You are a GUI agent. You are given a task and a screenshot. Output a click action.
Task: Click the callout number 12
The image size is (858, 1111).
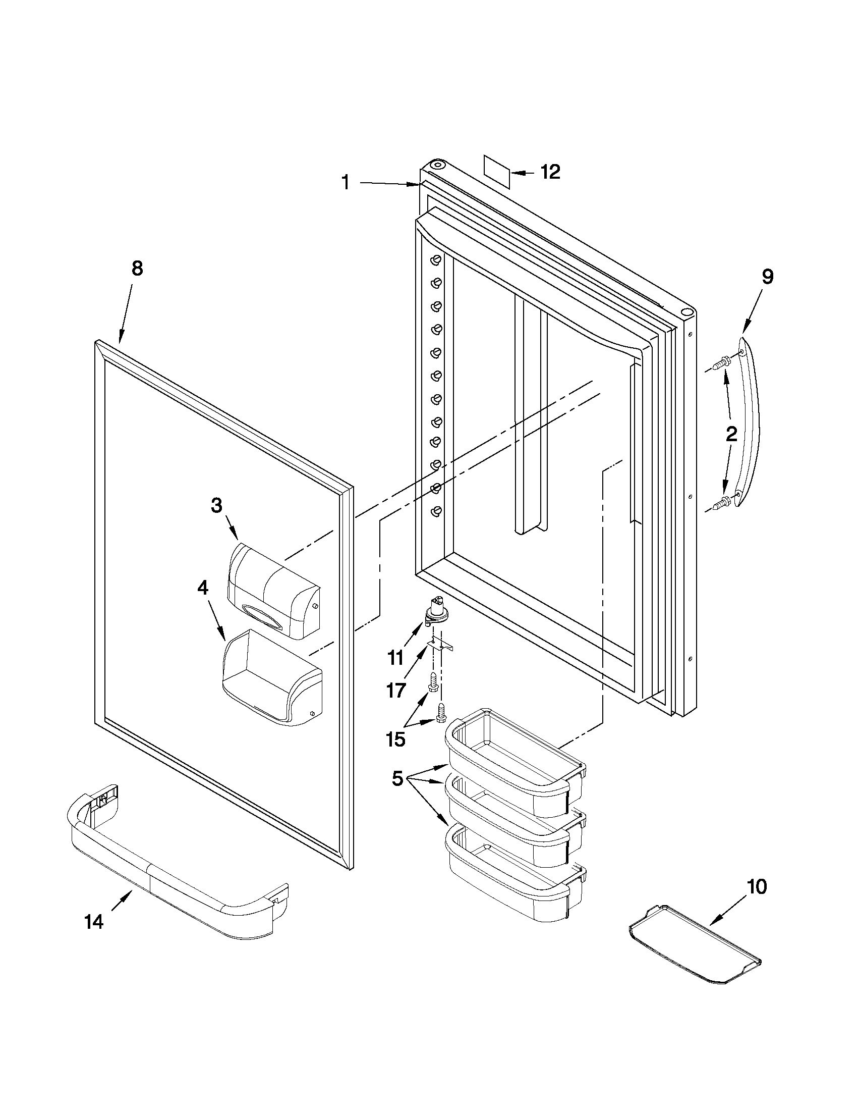coord(550,172)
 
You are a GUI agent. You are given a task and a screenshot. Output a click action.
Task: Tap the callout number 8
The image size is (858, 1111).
coord(137,269)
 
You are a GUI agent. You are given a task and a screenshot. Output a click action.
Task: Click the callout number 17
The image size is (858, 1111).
coord(395,691)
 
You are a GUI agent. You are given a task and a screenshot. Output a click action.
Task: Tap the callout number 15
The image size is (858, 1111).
coord(395,738)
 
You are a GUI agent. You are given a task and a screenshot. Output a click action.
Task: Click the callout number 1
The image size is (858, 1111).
coord(346,182)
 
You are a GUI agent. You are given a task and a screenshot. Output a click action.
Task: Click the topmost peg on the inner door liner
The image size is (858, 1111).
coord(435,260)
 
